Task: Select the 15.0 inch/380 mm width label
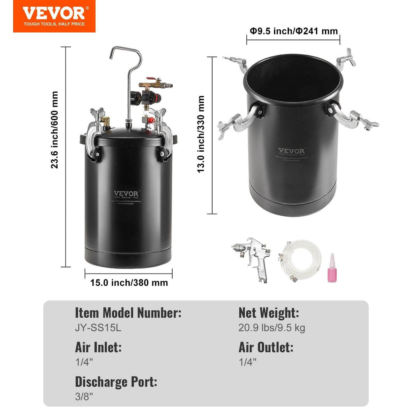(129, 283)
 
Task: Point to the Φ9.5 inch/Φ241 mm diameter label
(293, 31)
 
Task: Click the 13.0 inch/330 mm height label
(201, 134)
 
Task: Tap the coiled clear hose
(300, 260)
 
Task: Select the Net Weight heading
(268, 313)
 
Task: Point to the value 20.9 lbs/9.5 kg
(272, 328)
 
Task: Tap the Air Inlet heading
(98, 347)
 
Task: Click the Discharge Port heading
(116, 382)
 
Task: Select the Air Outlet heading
(266, 347)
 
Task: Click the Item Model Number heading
(128, 313)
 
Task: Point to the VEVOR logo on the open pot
(291, 151)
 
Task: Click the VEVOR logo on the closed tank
(127, 193)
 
